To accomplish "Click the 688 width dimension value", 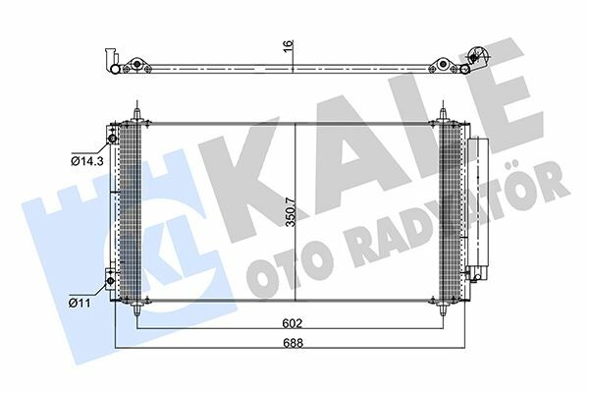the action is (293, 343).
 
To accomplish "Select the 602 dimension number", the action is (292, 323).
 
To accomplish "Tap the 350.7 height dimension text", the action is (290, 212).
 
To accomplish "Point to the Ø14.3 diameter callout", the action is (87, 161).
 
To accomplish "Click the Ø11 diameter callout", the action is (80, 303).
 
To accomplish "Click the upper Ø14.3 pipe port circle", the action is (112, 140).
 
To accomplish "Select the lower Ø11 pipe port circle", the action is (110, 281).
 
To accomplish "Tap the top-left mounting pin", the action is (137, 114).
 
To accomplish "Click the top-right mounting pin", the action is (444, 114).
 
